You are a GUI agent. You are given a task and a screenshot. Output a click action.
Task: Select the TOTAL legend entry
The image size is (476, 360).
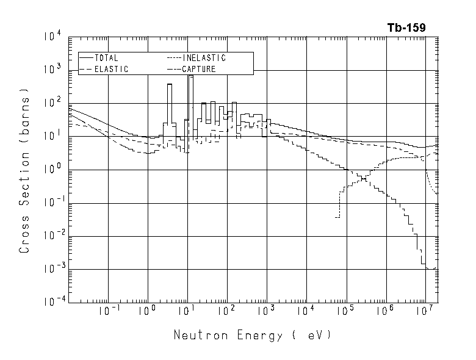point(106,58)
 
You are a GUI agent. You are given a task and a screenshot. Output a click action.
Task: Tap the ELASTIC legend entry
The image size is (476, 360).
point(110,70)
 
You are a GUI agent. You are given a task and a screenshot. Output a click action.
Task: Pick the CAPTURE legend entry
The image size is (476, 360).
point(198,70)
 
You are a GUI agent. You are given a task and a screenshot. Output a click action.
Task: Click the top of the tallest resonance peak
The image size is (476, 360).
point(191,76)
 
